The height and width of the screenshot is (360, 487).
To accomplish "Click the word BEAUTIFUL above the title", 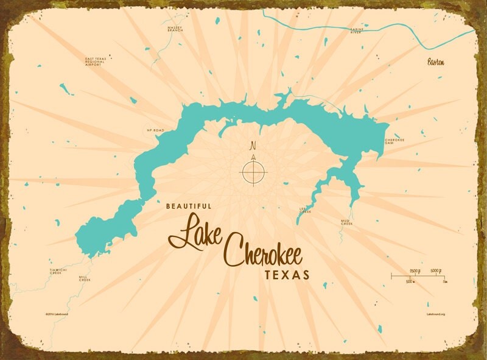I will [189, 206].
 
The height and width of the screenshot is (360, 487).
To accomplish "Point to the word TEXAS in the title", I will [287, 275].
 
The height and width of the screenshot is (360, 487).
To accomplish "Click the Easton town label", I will [436, 62].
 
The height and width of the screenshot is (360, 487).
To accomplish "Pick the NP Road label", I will [156, 130].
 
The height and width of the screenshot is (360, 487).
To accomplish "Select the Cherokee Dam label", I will [394, 141].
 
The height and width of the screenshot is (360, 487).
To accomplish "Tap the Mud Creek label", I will [346, 223].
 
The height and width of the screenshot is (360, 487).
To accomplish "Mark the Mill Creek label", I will [85, 278].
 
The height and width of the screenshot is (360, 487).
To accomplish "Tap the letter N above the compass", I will [253, 146].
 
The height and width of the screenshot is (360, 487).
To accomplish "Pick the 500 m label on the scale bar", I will [410, 282].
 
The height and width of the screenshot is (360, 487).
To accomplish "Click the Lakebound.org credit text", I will [436, 314].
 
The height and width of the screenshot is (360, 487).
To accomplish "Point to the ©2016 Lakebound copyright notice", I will [56, 314].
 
